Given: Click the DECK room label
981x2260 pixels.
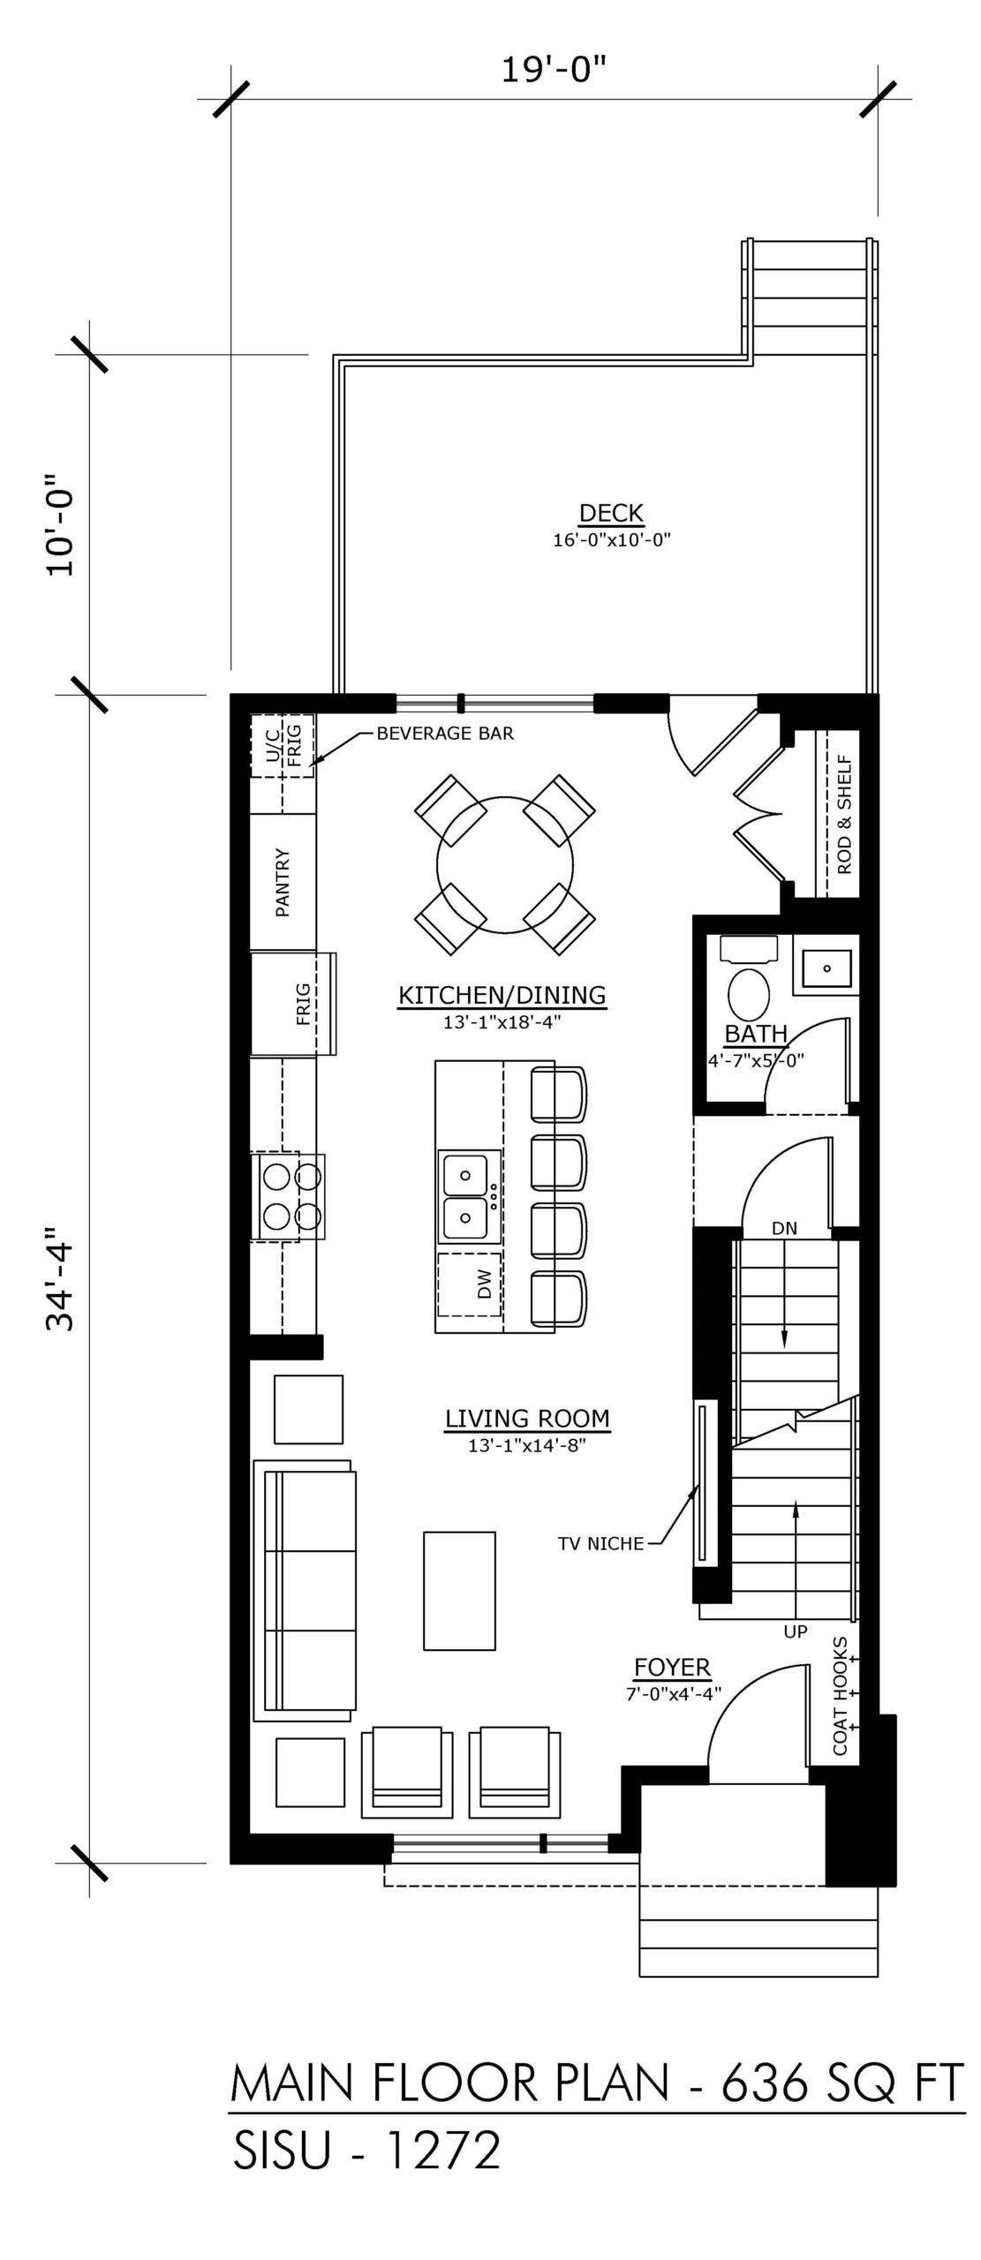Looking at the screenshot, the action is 611,512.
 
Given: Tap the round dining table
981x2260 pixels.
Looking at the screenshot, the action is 505,866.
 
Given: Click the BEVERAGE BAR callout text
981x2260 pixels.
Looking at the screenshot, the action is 445,733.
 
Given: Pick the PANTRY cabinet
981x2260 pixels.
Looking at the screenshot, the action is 283,882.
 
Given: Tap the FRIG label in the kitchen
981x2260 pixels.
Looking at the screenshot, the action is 303,1004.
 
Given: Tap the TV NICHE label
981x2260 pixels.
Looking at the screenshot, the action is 600,1544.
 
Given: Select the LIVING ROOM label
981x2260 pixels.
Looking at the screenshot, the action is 527,1419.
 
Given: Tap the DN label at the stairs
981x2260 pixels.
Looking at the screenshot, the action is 784,1228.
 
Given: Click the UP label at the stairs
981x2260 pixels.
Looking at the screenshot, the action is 796,1632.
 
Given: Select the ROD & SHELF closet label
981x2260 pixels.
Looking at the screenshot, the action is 844,814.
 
